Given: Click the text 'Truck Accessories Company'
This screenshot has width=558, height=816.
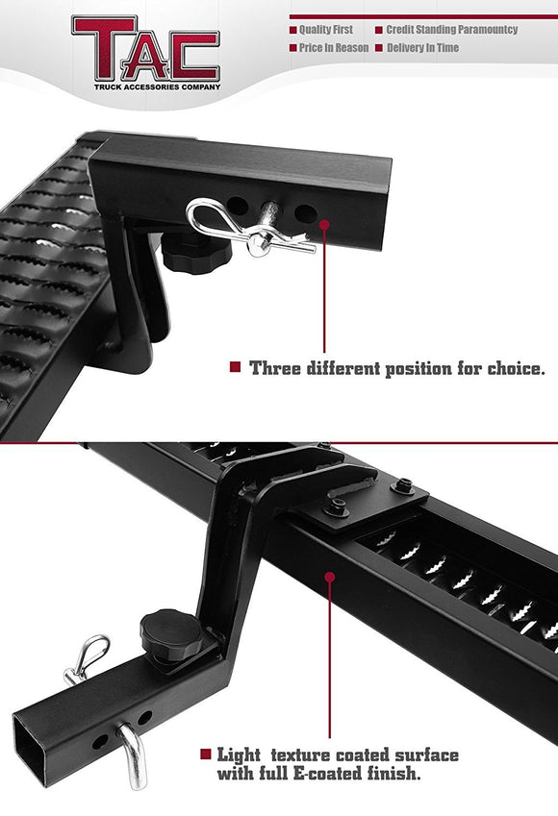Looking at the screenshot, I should [144, 87].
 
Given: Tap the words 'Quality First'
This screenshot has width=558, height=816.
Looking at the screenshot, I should [327, 30].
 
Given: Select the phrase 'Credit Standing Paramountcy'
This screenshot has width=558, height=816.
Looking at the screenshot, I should [452, 30].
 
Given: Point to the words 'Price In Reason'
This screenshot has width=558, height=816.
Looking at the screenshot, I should [334, 47].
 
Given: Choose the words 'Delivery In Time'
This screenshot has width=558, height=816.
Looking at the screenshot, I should [422, 47].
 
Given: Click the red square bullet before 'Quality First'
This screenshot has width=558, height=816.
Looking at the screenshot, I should [292, 30].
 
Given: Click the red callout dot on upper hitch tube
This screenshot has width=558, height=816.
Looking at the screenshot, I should [323, 223].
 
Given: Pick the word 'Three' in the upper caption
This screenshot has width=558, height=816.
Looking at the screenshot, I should [272, 367].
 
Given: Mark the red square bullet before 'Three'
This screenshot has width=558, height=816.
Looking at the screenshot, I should [234, 367].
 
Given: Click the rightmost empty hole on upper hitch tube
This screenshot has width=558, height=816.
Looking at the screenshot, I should [304, 211].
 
